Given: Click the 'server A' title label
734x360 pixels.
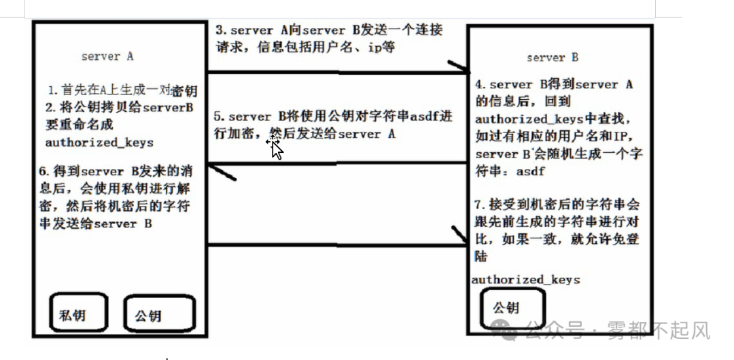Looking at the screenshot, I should (107, 56).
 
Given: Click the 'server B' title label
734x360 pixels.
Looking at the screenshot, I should (552, 58).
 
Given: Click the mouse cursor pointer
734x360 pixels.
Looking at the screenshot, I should (276, 147).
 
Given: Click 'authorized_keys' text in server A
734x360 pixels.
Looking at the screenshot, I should (99, 143).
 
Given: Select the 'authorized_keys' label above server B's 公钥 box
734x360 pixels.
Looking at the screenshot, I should (525, 279).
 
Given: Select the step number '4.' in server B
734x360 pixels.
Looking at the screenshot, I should (480, 85).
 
